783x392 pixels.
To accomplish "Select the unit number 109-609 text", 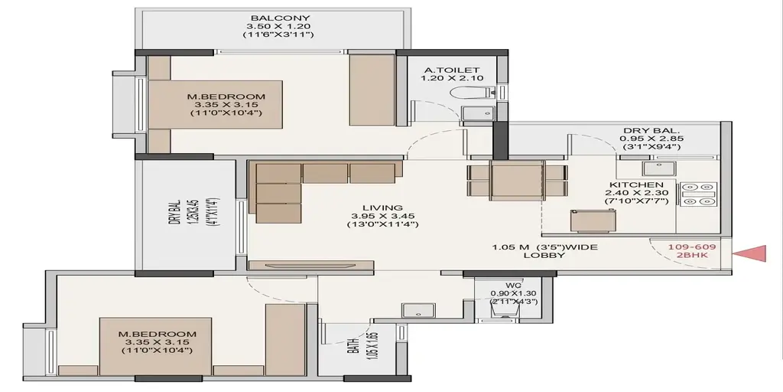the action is (x=692, y=247).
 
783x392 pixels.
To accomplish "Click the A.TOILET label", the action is (x=452, y=70).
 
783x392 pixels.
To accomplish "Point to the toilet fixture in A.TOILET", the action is (x=472, y=93).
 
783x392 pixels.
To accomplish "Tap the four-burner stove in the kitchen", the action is (x=698, y=194).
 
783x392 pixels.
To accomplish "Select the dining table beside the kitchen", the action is (x=517, y=180).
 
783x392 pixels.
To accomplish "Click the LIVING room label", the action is (x=382, y=208).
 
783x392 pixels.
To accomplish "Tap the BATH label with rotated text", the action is (x=352, y=345).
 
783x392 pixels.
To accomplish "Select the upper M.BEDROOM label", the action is (x=226, y=96).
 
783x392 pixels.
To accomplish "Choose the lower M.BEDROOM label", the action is (x=158, y=334).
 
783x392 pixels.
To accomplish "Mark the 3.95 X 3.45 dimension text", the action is (x=382, y=216).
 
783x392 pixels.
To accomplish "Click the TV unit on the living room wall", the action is (x=310, y=266).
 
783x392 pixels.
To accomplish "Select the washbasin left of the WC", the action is (x=418, y=311).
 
